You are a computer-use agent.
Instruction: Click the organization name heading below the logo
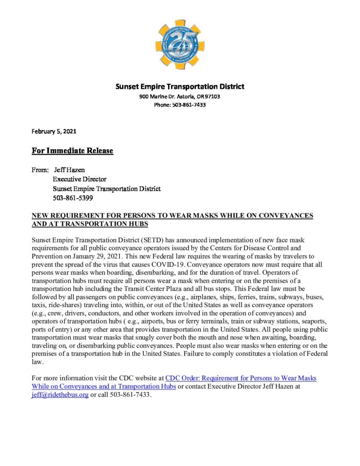[180, 86]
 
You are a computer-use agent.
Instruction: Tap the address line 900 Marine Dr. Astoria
[180, 96]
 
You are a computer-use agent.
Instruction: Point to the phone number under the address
[180, 105]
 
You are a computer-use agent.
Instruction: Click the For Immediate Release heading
[72, 151]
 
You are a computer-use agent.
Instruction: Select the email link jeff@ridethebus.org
[60, 395]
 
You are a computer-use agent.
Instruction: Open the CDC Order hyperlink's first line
[241, 378]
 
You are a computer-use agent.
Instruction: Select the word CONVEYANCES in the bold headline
[284, 215]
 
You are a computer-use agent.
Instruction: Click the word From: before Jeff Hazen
[41, 170]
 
